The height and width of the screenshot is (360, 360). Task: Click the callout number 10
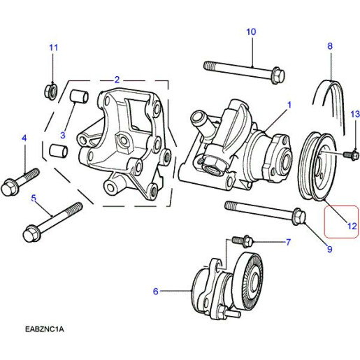251,31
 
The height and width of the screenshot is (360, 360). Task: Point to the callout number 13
354,114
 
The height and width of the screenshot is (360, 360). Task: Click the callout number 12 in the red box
352,226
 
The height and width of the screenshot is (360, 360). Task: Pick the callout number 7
287,243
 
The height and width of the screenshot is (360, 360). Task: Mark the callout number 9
329,248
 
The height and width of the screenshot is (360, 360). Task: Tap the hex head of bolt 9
298,217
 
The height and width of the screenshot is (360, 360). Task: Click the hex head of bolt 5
33,232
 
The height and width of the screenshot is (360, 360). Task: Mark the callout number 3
63,135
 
